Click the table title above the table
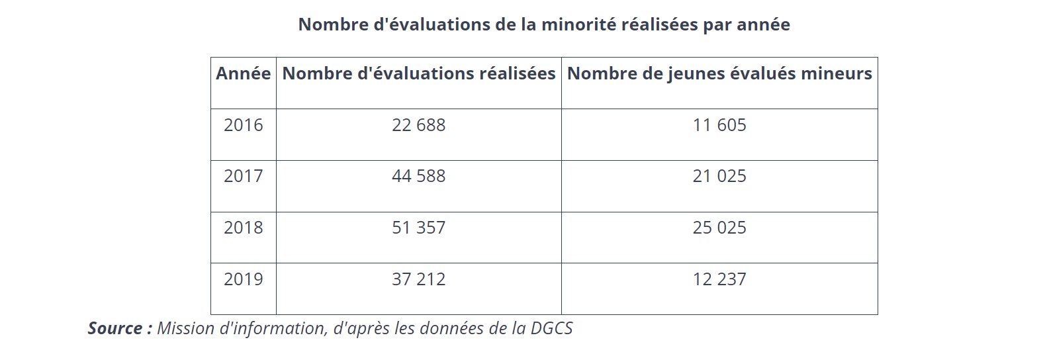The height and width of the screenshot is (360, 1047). (544, 24)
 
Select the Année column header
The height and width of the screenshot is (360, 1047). (244, 73)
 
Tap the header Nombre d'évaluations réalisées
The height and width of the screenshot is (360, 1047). (419, 73)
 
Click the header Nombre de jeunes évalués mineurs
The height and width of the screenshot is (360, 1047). (719, 73)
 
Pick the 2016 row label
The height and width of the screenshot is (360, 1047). (244, 125)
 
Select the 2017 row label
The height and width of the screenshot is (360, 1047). (244, 176)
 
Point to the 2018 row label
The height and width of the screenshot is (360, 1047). (244, 228)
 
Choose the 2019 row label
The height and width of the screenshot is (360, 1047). (244, 279)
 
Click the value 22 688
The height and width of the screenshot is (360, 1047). (419, 125)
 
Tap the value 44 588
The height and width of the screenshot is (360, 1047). (419, 176)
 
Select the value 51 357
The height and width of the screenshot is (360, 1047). (419, 228)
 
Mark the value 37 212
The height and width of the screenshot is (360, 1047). (419, 279)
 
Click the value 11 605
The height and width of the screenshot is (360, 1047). (719, 125)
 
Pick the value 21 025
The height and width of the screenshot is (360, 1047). (719, 176)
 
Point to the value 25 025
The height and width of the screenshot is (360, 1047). (719, 228)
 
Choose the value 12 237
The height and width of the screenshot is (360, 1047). (719, 279)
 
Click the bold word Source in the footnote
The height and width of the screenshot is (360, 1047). (115, 328)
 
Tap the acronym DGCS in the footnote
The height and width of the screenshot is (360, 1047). (551, 328)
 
